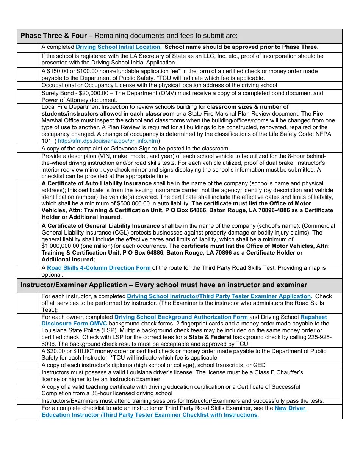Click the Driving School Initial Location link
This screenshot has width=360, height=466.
pyautogui.click(x=118, y=47)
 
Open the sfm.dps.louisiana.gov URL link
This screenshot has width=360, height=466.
pyautogui.click(x=108, y=141)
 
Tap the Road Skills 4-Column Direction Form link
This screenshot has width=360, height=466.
pyautogui.click(x=99, y=268)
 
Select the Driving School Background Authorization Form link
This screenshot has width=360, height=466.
pyautogui.click(x=181, y=317)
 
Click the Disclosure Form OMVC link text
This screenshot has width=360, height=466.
pyautogui.click(x=74, y=324)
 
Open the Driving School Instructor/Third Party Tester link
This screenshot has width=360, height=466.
pyautogui.click(x=219, y=296)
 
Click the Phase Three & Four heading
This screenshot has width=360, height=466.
pyautogui.click(x=56, y=36)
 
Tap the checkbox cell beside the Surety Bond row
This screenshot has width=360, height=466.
pyautogui.click(x=27, y=97)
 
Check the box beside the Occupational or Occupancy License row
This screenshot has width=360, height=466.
pyautogui.click(x=27, y=85)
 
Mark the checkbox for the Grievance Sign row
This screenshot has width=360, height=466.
pyautogui.click(x=27, y=149)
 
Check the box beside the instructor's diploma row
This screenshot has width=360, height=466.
pyautogui.click(x=27, y=365)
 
